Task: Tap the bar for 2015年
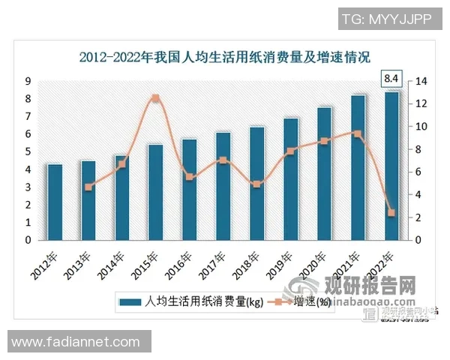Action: click(x=155, y=193)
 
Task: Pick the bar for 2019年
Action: click(x=291, y=179)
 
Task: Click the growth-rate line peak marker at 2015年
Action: click(x=155, y=98)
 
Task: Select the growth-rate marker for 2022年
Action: click(x=391, y=213)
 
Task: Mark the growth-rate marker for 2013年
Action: click(x=88, y=187)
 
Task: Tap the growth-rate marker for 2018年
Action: click(x=256, y=184)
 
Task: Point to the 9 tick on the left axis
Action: click(x=28, y=81)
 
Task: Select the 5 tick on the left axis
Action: click(x=28, y=152)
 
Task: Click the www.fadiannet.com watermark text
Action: click(x=76, y=342)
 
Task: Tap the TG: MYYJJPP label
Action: click(x=386, y=19)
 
